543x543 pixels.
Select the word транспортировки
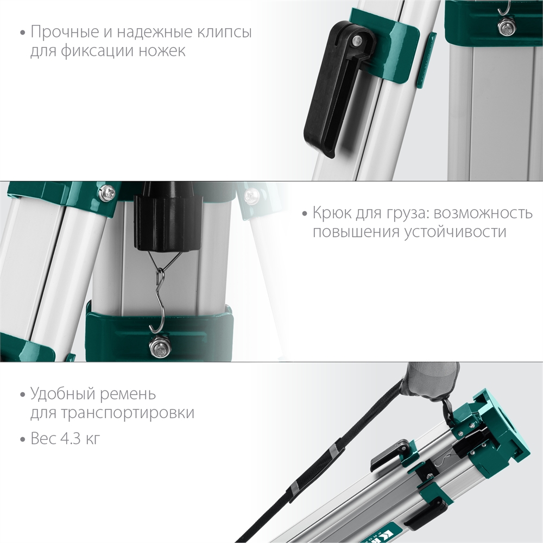pyautogui.click(x=112, y=413)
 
